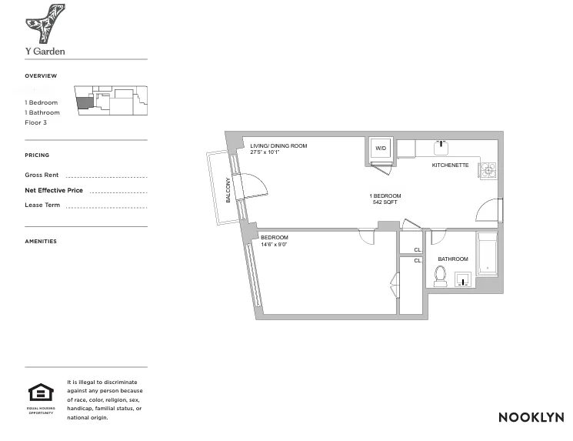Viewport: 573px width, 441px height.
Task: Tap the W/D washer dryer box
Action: coord(380,149)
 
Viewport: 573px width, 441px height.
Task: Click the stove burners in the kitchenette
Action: coord(488,169)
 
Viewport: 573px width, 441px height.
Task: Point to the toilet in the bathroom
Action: coord(441,275)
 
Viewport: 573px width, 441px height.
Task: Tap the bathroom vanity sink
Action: coord(463,279)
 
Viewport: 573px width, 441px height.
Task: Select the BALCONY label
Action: coord(228,190)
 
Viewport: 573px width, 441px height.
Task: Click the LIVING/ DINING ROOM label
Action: coord(278,145)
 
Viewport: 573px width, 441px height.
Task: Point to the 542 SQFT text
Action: coord(385,202)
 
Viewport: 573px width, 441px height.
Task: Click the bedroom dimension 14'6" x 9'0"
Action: coord(274,244)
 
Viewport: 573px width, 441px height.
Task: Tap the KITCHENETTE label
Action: coord(450,165)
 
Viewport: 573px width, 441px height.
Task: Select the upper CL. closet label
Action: coord(418,250)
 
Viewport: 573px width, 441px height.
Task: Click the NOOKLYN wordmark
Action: coord(531,417)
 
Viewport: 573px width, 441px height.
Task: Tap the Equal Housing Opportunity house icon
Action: coord(41,393)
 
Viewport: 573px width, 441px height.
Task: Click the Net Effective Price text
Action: coord(54,190)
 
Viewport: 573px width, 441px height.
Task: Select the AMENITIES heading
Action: coord(41,242)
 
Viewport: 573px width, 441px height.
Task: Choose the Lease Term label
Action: coord(42,205)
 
